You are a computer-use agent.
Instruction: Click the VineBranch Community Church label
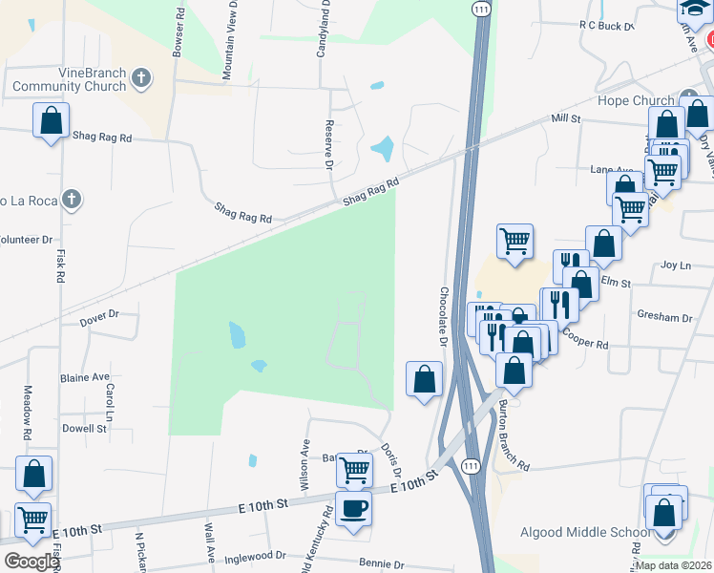(x=69, y=78)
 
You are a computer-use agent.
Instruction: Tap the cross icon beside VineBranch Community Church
(x=141, y=78)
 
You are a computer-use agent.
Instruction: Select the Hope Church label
(x=635, y=100)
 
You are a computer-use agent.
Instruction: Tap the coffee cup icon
(x=354, y=507)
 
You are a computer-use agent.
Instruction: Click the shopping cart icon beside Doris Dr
(x=354, y=469)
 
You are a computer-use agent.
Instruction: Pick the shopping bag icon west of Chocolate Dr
(x=424, y=378)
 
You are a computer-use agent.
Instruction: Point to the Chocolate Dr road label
(x=444, y=316)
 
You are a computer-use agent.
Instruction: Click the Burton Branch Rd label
(x=511, y=435)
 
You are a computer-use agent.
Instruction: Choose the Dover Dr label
(x=98, y=313)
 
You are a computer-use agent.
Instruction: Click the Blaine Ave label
(x=86, y=377)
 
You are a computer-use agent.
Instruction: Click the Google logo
(x=31, y=562)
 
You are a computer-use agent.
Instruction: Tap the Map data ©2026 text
(x=673, y=565)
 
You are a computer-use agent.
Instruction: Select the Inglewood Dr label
(x=254, y=555)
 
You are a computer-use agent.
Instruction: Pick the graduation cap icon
(x=694, y=9)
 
